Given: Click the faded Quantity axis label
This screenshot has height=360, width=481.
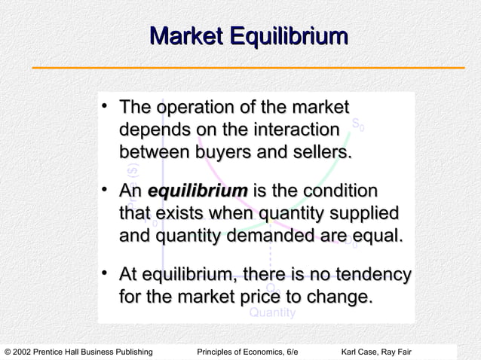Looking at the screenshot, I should click(x=272, y=313).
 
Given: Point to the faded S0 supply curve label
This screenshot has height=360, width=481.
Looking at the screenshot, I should click(x=359, y=125).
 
